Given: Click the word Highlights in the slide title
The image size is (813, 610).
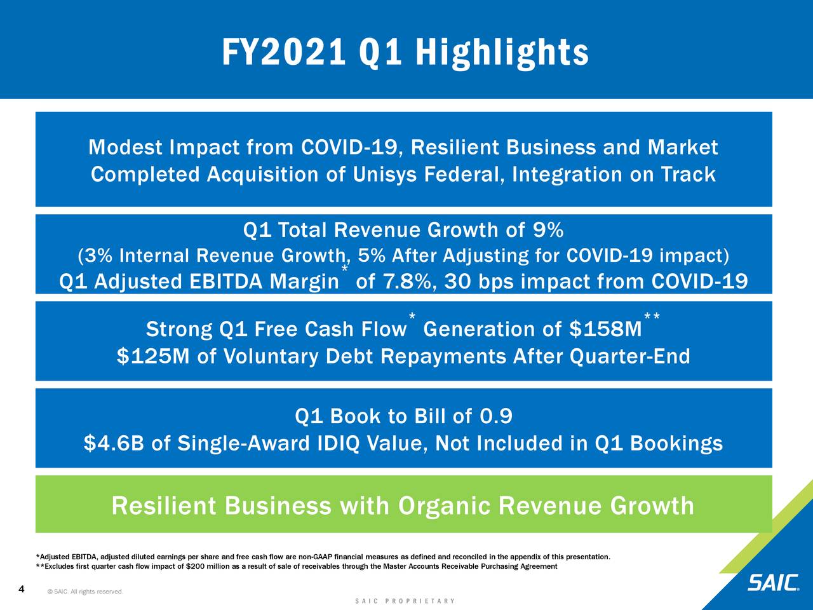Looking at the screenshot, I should point(501,52).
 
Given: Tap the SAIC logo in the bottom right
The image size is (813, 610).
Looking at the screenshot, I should point(773,583).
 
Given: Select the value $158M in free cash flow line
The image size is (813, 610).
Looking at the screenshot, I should point(605,329).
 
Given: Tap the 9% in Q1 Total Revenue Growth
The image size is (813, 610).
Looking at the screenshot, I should point(548,229).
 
